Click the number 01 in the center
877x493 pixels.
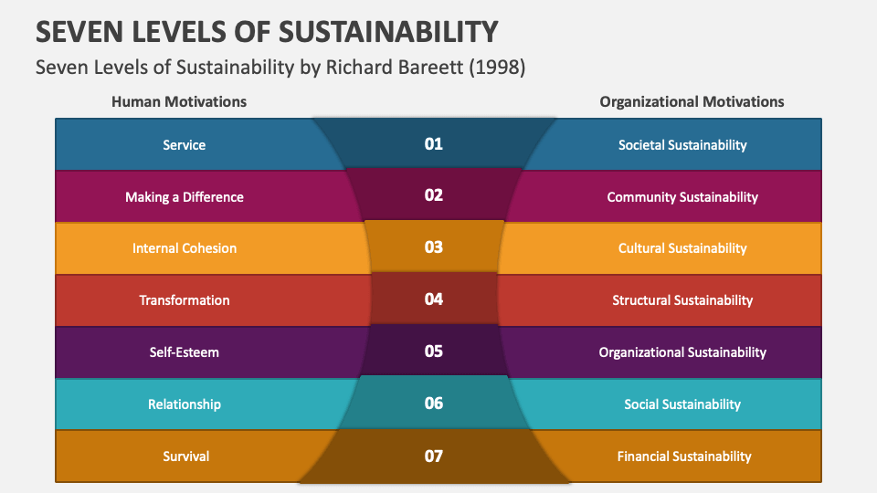[433, 143]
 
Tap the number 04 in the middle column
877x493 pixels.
[433, 299]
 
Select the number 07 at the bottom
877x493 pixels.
[433, 455]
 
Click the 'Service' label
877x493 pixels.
[184, 144]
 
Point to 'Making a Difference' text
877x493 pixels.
[184, 196]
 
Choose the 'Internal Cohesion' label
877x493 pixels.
[184, 248]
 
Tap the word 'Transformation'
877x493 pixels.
[184, 300]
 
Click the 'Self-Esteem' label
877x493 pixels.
[184, 352]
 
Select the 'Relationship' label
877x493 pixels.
[184, 404]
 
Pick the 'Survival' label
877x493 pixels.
[185, 456]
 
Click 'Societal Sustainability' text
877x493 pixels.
[682, 144]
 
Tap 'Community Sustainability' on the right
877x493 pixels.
[682, 196]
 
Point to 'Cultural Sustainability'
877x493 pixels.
[682, 248]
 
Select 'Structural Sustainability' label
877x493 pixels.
[682, 300]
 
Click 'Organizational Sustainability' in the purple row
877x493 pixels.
[682, 352]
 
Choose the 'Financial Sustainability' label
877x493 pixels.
[683, 456]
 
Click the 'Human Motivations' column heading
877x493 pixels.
[179, 101]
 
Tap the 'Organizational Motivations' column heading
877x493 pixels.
[692, 101]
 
